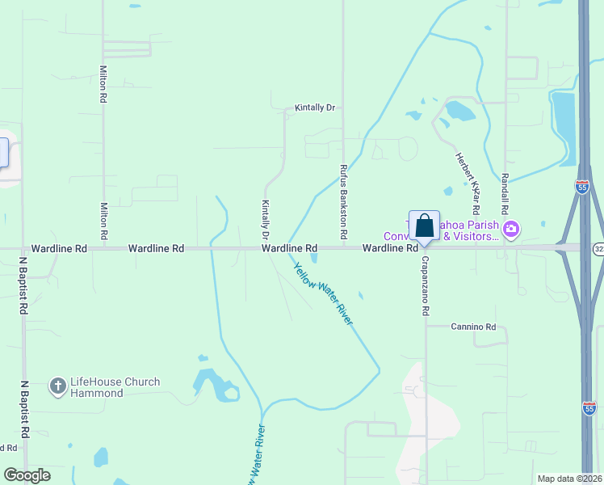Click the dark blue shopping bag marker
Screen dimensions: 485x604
click(424, 226)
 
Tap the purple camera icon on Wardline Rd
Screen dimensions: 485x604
click(510, 230)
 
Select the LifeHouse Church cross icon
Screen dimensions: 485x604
click(57, 387)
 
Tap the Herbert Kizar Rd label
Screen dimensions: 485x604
click(468, 174)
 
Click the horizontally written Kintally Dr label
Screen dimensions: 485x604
click(315, 108)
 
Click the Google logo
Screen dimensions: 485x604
click(27, 475)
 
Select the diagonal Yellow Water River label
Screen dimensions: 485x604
click(323, 293)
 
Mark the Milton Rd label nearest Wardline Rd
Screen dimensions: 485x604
click(103, 221)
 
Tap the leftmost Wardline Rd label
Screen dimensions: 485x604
click(58, 249)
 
